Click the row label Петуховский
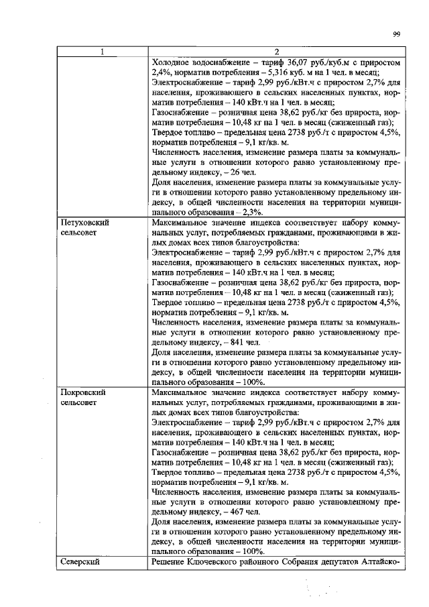click(x=84, y=221)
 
